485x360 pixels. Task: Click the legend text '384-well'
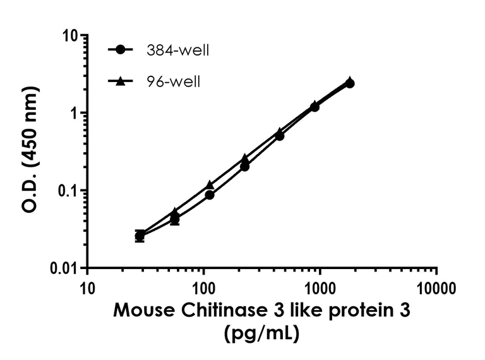click(x=176, y=51)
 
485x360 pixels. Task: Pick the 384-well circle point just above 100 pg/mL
click(x=210, y=195)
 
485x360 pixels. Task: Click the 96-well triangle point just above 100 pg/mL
click(x=210, y=185)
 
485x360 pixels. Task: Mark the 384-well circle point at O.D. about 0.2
click(x=244, y=167)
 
